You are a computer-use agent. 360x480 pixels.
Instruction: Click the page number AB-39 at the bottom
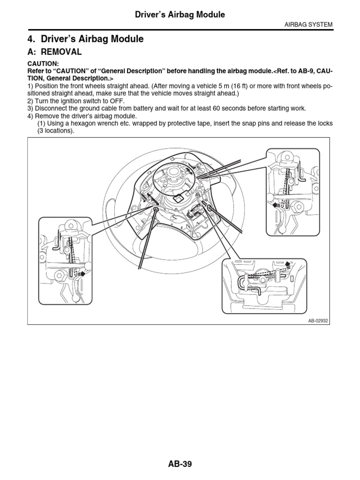180,464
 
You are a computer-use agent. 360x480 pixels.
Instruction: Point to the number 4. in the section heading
32,39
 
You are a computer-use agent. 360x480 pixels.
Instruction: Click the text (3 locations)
56,131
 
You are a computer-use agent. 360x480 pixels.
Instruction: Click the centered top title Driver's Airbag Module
180,15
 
